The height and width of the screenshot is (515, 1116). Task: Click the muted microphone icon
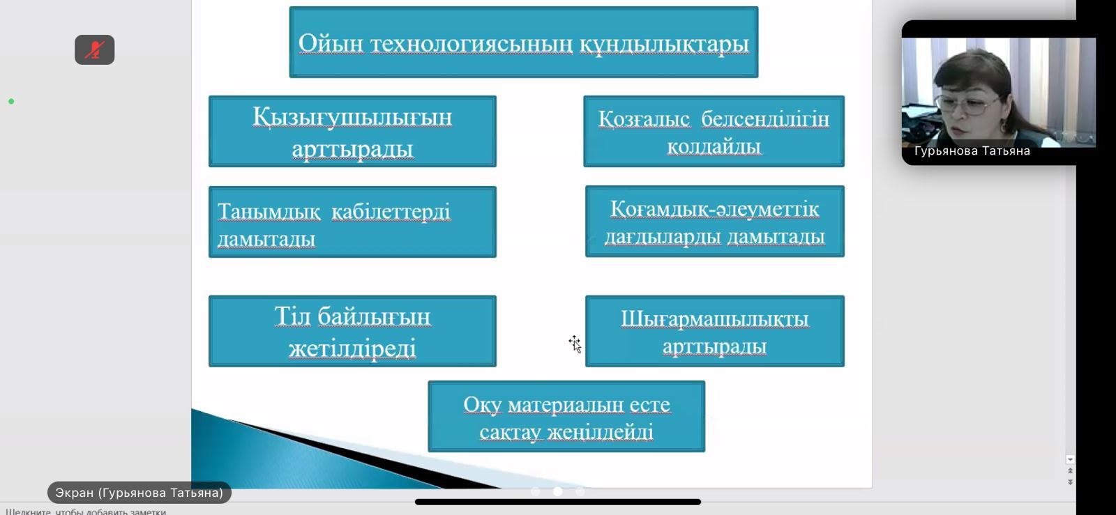click(x=95, y=49)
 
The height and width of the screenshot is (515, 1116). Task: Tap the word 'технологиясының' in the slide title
click(x=472, y=44)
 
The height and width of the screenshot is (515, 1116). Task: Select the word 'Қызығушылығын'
click(x=352, y=118)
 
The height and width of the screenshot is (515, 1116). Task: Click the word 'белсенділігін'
click(x=765, y=119)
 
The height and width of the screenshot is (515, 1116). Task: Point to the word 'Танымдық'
click(x=269, y=212)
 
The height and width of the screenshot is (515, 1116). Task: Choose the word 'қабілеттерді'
click(x=391, y=212)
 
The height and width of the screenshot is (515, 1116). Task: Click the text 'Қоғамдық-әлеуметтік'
click(x=714, y=210)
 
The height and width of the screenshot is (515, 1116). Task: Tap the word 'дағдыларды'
click(x=663, y=237)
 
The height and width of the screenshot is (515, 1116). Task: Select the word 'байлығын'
click(x=374, y=317)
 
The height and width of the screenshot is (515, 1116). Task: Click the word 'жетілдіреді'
click(x=352, y=348)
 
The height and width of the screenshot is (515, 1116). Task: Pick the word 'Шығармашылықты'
click(x=714, y=319)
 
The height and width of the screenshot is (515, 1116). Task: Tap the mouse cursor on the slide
click(x=575, y=344)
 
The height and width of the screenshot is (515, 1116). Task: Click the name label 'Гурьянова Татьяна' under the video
click(x=972, y=151)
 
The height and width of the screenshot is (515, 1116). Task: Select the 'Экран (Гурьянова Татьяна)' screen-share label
click(x=139, y=493)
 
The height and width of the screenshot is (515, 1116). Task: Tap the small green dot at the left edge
click(x=11, y=102)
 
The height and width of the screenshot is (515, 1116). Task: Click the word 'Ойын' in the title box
click(x=331, y=44)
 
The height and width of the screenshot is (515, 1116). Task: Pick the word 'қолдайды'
click(x=714, y=147)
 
